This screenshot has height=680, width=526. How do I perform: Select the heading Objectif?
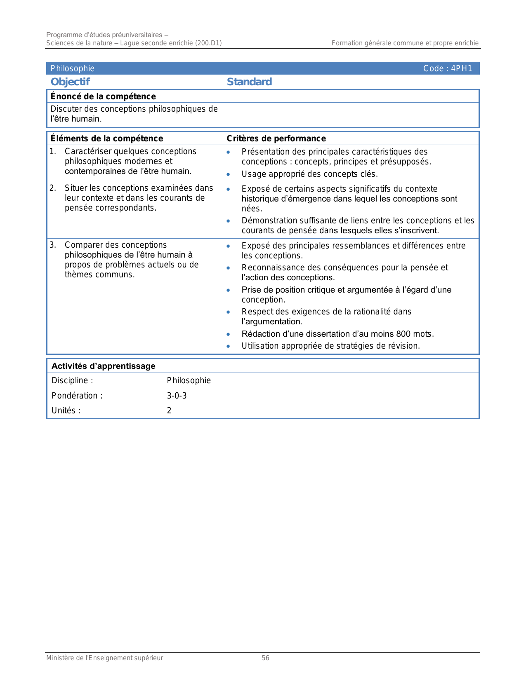tap(70, 82)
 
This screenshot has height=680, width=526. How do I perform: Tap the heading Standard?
tap(249, 82)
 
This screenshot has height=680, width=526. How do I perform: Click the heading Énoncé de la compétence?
tap(103, 96)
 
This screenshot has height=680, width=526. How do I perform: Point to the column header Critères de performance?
tap(276, 138)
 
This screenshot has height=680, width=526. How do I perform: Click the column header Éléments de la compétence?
tap(107, 138)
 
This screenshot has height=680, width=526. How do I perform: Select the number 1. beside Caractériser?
tap(53, 151)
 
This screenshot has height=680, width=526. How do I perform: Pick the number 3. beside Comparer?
tap(53, 245)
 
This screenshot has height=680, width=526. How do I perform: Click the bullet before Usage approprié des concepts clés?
tap(228, 174)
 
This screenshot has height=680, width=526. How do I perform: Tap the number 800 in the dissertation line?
tap(403, 334)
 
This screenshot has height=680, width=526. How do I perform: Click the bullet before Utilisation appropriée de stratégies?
tap(228, 346)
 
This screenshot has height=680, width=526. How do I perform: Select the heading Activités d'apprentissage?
tap(103, 366)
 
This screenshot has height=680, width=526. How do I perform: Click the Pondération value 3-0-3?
tap(177, 396)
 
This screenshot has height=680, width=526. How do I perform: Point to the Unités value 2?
tap(169, 410)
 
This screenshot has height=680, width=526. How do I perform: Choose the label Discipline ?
tap(72, 380)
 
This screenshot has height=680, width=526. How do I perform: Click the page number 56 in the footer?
tap(265, 658)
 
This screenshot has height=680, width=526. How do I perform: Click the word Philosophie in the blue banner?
tap(73, 68)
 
